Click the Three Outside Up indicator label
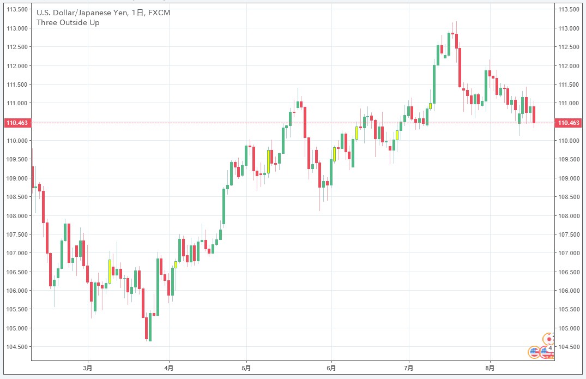point(68,22)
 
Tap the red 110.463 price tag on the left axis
point(16,123)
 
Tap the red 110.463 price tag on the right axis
point(569,123)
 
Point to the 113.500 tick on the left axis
point(17,9)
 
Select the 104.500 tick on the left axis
point(17,346)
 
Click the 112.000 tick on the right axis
point(568,65)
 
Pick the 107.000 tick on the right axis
point(568,253)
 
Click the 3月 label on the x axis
point(88,368)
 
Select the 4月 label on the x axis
point(169,368)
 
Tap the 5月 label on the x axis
point(246,368)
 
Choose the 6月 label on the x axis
point(331,368)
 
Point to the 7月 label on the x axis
point(409,368)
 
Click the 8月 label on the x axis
point(490,368)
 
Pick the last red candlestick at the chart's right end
point(534,115)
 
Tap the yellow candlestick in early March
point(110,271)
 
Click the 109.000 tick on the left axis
point(17,178)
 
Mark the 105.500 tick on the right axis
point(568,309)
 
